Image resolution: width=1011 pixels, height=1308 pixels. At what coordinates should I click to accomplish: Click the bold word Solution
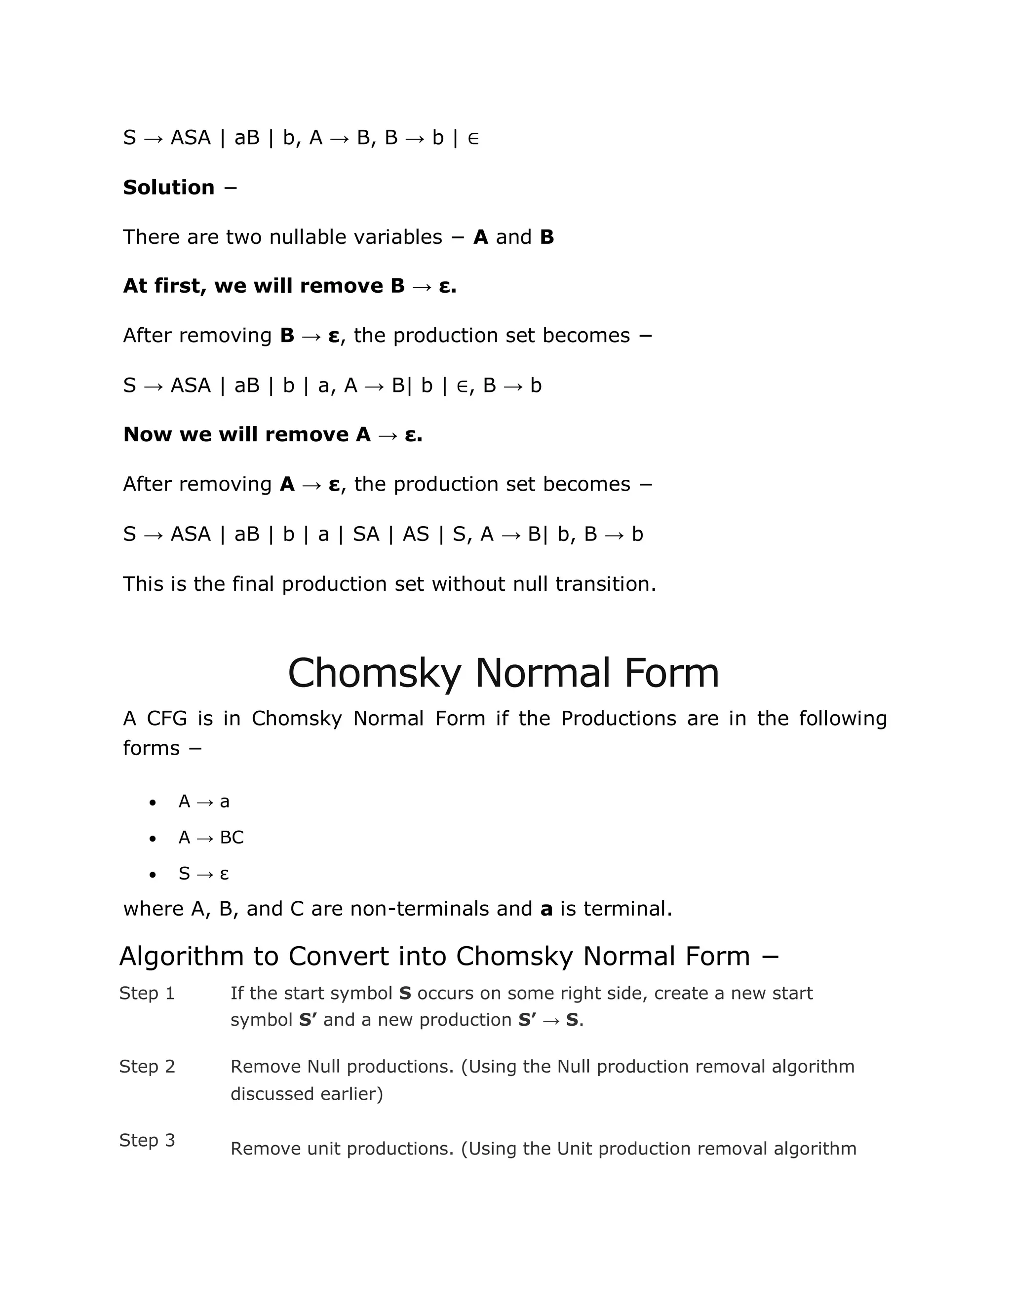(x=168, y=188)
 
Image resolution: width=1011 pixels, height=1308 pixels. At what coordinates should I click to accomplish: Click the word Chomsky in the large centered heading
(x=374, y=673)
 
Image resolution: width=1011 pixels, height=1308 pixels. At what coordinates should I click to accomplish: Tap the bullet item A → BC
(x=211, y=837)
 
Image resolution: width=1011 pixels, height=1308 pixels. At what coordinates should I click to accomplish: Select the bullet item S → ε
(x=204, y=874)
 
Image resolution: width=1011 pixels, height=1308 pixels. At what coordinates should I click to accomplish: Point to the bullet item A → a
(x=204, y=801)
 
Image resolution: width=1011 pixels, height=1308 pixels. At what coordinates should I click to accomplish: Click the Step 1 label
(x=147, y=993)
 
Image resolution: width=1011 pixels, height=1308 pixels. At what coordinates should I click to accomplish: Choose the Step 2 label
(x=147, y=1066)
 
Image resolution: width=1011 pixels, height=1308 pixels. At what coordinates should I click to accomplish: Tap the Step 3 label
(x=147, y=1140)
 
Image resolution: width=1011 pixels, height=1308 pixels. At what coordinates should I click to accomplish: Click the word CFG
(x=167, y=718)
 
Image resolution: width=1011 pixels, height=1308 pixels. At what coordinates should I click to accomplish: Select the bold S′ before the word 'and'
(x=309, y=1019)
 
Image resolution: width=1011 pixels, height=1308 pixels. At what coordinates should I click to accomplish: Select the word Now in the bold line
(x=147, y=434)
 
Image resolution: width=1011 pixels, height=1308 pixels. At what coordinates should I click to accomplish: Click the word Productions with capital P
(x=619, y=718)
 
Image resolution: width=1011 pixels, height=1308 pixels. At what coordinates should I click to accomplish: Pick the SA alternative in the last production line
(x=366, y=534)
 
